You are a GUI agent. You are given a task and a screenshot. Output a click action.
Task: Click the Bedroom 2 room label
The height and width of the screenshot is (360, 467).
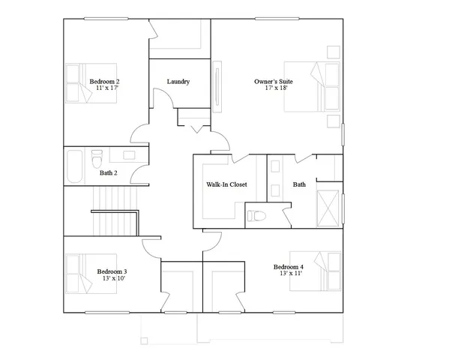coord(105,81)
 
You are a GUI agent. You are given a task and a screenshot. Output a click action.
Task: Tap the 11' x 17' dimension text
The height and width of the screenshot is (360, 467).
coord(106,88)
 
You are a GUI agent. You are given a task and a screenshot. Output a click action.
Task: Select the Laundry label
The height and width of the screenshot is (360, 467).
coord(178,82)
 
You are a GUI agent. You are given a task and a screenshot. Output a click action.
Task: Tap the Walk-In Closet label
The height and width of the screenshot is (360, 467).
coord(226,184)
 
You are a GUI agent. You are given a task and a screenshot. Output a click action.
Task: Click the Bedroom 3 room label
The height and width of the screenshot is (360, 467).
coord(112,271)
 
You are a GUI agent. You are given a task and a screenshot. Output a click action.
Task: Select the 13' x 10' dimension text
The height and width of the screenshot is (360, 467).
coord(112,279)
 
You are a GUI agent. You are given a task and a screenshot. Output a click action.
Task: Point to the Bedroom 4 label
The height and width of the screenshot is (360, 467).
coord(289,267)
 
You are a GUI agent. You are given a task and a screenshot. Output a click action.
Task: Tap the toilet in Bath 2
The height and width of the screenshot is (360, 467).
coord(96,160)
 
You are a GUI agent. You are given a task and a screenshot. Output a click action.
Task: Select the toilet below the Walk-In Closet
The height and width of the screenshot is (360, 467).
coord(256,216)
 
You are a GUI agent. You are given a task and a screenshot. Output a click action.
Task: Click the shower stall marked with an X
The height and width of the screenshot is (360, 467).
coord(328,204)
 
